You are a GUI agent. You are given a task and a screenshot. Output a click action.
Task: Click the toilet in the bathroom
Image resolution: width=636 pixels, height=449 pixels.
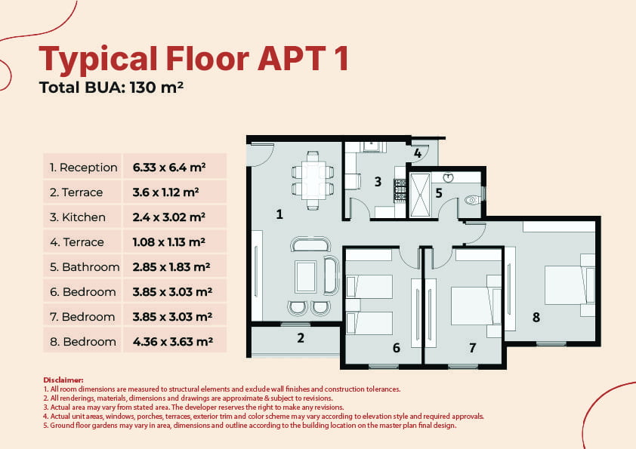tap(473, 200)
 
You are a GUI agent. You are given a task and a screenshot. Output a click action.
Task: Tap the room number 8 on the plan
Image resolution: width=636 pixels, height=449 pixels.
tap(536, 317)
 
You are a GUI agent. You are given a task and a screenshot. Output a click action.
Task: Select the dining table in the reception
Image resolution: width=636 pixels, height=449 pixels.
tap(313, 180)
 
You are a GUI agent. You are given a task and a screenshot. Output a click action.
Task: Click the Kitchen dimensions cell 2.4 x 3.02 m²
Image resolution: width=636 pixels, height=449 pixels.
tap(169, 217)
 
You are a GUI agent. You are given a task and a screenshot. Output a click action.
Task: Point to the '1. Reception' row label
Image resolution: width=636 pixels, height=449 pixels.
tap(84, 168)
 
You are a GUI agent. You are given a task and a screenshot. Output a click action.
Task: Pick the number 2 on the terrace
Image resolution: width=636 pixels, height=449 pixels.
tap(301, 338)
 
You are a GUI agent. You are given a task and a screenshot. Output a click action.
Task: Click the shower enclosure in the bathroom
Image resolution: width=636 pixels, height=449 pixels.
tap(420, 195)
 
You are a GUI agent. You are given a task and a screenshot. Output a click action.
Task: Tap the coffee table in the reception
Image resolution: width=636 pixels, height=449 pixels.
tap(306, 277)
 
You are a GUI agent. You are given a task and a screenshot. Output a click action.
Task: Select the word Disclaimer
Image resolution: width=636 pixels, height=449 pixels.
tap(63, 380)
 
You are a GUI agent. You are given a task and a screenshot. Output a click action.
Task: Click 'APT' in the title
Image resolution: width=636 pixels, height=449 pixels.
tap(292, 58)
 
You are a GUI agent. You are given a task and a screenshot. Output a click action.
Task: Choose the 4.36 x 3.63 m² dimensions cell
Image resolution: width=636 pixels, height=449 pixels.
tap(173, 342)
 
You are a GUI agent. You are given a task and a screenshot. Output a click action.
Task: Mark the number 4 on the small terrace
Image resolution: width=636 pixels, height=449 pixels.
tap(418, 153)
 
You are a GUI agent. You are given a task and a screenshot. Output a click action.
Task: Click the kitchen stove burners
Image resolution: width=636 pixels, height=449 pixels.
tap(400, 190)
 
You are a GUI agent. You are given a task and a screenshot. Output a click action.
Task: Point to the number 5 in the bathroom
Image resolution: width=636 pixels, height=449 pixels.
tap(439, 193)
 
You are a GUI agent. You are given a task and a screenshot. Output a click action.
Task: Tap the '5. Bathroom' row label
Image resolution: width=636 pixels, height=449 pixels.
tap(85, 267)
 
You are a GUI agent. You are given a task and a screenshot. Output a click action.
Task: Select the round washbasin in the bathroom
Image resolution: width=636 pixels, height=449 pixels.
tap(448, 177)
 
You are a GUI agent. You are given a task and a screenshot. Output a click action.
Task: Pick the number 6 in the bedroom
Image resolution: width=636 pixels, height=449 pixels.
tap(397, 348)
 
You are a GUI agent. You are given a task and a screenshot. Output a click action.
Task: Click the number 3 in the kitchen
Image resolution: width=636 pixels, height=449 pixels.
tap(378, 182)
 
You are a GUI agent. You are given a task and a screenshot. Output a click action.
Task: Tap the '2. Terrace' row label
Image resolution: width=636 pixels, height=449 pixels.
tap(76, 192)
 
